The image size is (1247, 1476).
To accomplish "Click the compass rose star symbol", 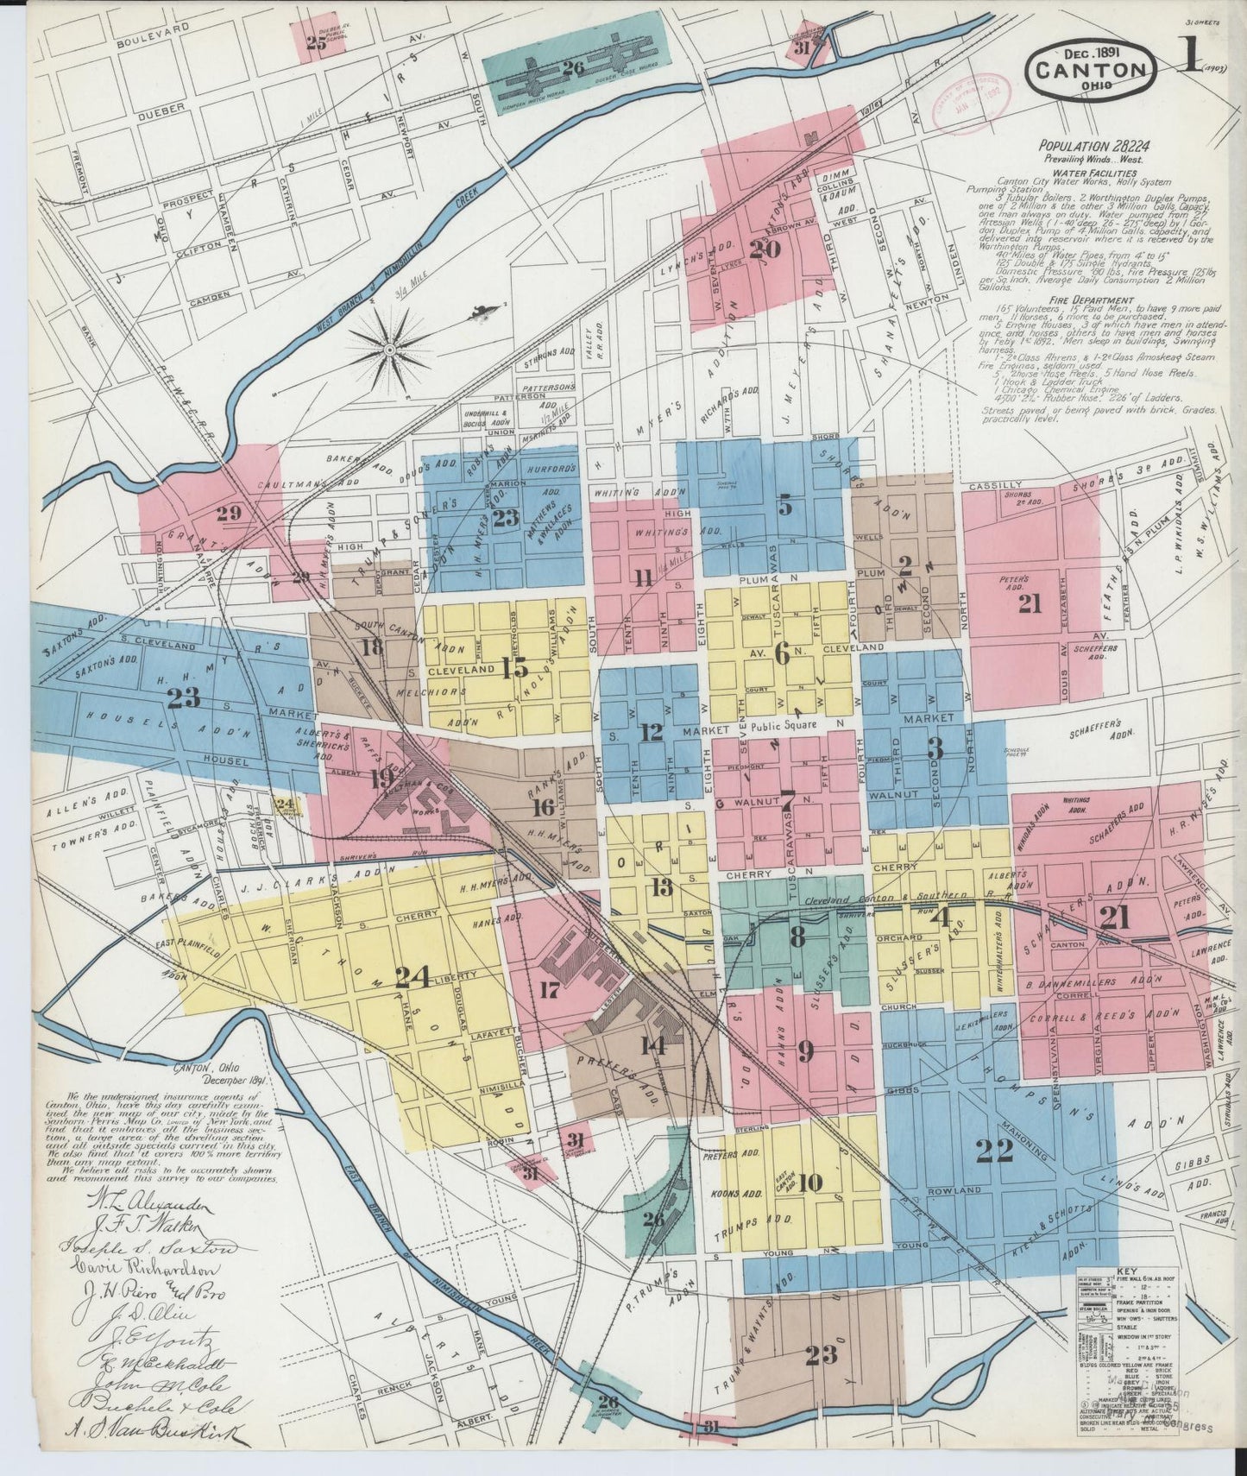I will tap(389, 349).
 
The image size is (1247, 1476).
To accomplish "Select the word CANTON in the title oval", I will tap(1091, 71).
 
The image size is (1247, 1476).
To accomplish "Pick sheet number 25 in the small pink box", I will tap(316, 45).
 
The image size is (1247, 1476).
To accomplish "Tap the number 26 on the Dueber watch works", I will tap(572, 66).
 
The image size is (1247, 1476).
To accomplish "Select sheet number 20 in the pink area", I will tap(765, 249).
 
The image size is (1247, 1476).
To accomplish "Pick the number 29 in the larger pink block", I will tap(229, 513).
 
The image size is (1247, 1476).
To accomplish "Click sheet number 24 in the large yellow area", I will tap(412, 977).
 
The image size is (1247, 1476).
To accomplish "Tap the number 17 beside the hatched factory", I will tap(549, 990).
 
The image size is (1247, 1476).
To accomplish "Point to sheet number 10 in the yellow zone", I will tap(810, 1182).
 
